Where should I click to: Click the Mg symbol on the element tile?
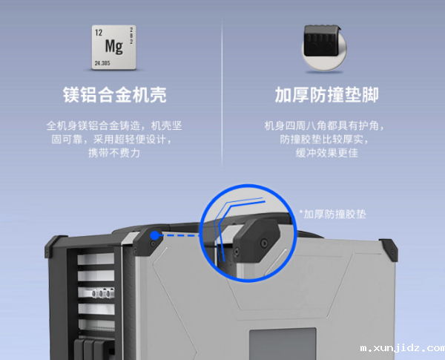(x=113, y=46)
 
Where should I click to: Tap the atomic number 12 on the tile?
(x=97, y=32)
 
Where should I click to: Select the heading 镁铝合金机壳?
(x=114, y=96)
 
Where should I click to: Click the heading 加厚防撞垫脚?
(x=326, y=96)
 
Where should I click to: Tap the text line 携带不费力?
(x=113, y=153)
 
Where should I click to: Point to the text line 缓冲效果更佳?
(x=326, y=153)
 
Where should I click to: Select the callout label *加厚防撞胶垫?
(x=333, y=214)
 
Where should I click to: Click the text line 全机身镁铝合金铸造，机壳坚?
(x=113, y=125)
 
